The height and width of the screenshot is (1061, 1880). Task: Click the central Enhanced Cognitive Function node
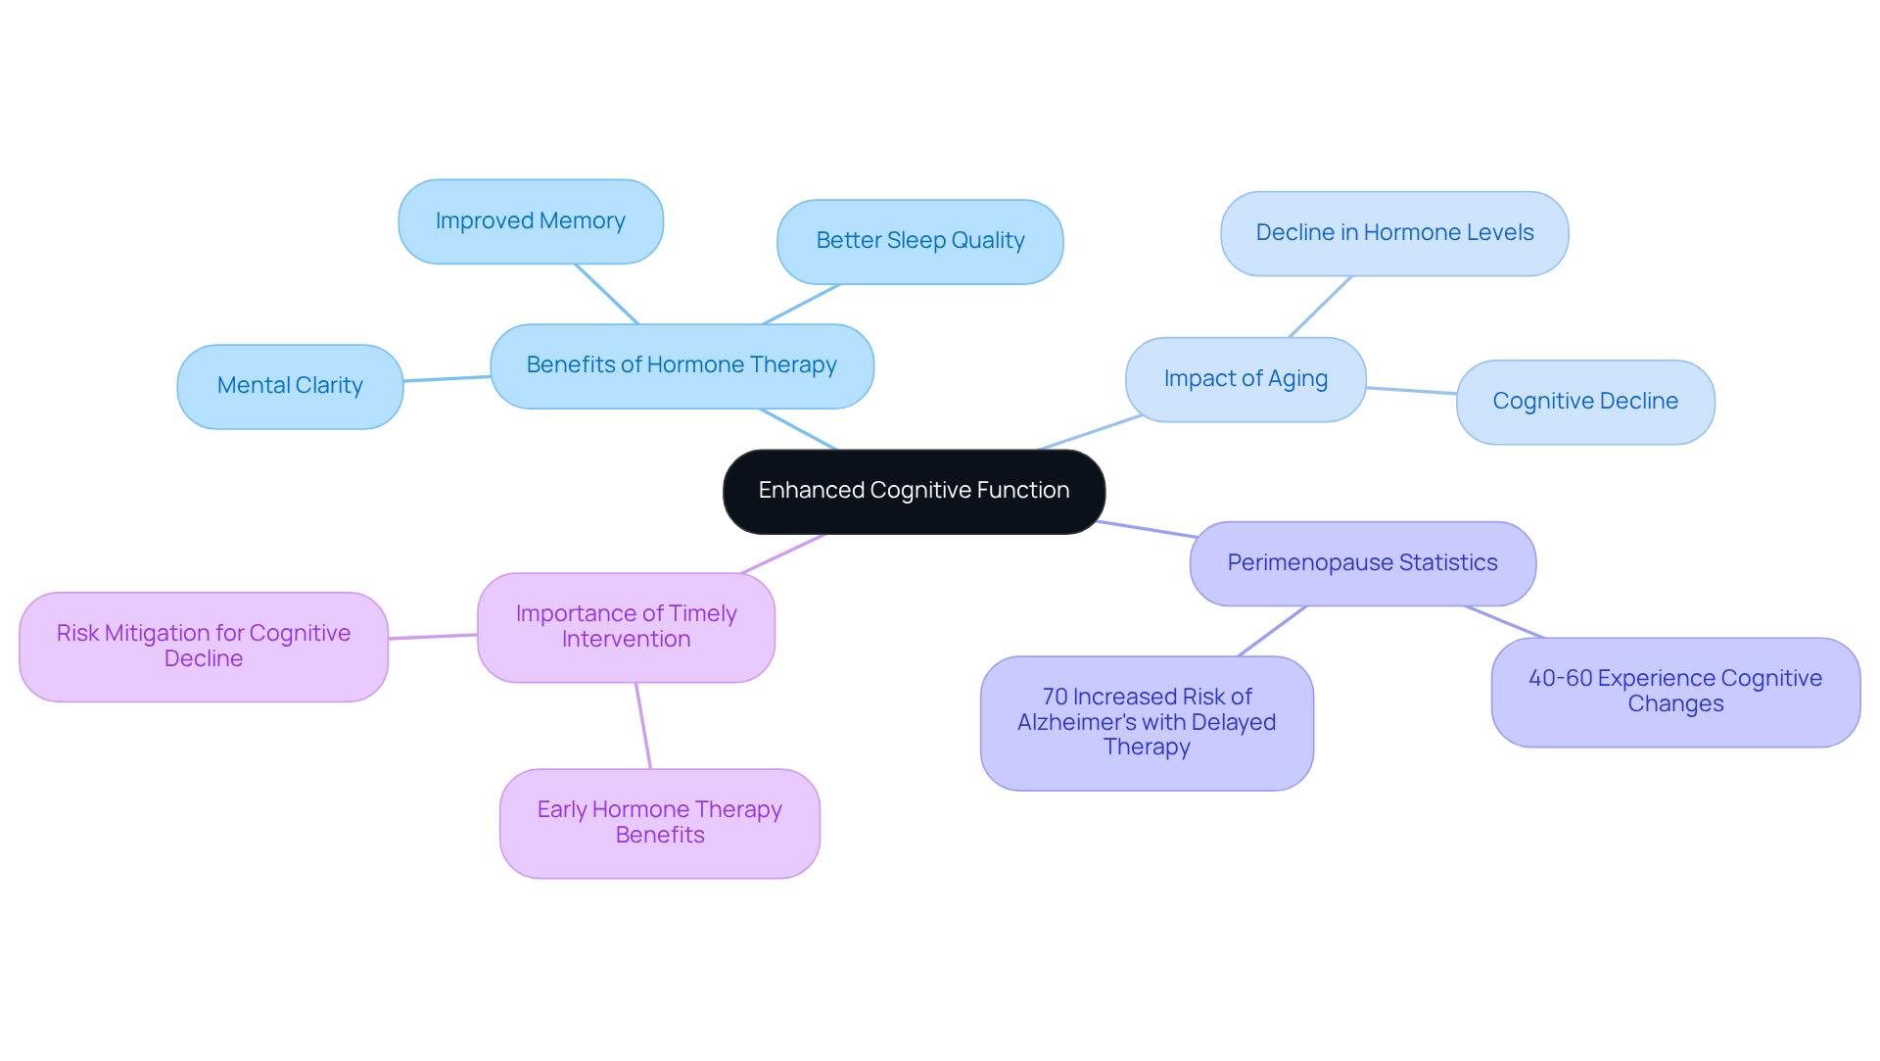click(x=914, y=491)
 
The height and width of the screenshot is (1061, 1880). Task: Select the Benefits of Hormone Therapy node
click(x=681, y=365)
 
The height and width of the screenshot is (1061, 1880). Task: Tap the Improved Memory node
click(x=530, y=221)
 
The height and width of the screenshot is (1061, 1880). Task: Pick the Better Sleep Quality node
click(x=919, y=241)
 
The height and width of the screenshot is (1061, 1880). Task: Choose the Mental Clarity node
click(x=290, y=386)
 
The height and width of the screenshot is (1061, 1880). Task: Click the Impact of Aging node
click(x=1245, y=379)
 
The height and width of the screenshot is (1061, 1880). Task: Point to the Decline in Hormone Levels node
click(x=1393, y=233)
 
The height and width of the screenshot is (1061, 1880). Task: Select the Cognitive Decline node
click(x=1584, y=402)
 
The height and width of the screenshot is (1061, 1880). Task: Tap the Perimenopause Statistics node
click(x=1362, y=563)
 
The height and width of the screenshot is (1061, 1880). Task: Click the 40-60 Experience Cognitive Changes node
click(x=1674, y=692)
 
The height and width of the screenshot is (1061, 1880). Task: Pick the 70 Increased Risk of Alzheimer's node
click(x=1147, y=722)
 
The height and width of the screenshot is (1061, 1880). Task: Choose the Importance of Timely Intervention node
click(x=626, y=627)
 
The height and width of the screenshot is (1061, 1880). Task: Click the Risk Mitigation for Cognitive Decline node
click(x=204, y=647)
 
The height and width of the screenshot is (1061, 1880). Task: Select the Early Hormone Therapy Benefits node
click(x=659, y=823)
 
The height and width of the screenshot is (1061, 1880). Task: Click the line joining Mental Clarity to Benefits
click(x=446, y=378)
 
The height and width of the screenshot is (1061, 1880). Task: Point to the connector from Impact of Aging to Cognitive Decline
click(x=1411, y=391)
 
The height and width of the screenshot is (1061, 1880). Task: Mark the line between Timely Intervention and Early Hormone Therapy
click(x=643, y=726)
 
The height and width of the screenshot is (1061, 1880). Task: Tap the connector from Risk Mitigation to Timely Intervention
click(x=433, y=637)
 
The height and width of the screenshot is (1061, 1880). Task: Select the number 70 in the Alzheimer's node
click(x=1055, y=698)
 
